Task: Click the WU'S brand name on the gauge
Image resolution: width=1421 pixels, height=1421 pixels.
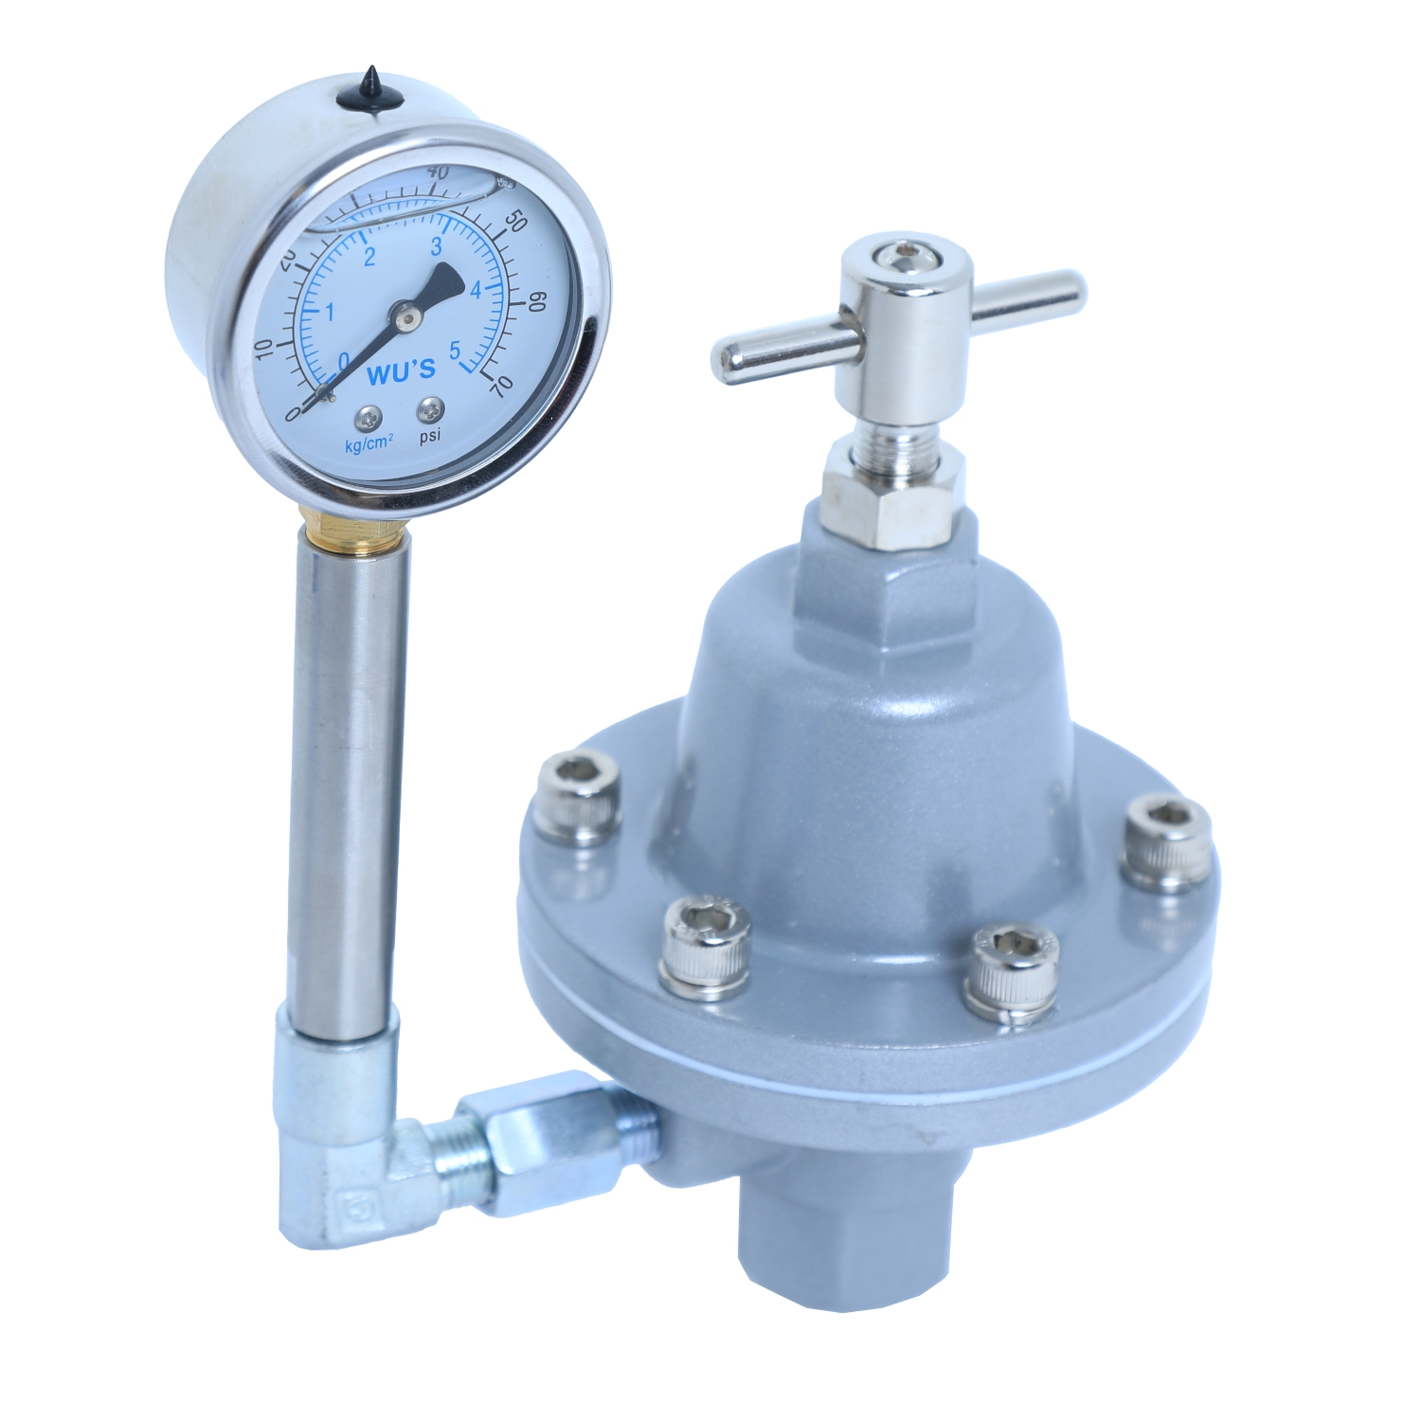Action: (x=400, y=372)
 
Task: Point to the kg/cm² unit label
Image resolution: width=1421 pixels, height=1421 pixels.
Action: (x=369, y=443)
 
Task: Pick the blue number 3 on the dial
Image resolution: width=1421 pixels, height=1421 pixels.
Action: (x=437, y=248)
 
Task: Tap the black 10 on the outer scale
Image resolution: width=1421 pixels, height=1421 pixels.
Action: (x=264, y=348)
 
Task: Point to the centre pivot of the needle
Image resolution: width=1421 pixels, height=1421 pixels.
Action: (x=405, y=318)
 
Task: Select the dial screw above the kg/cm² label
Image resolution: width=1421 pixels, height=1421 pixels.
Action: (x=367, y=418)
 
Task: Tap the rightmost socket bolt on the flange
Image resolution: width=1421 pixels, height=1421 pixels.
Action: (x=1165, y=840)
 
